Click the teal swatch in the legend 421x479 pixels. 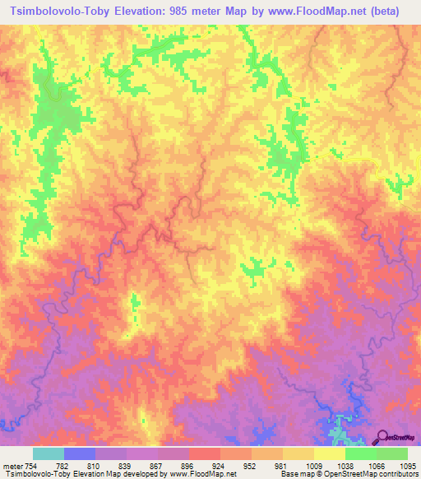[x=49, y=453]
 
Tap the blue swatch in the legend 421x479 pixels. [x=80, y=453]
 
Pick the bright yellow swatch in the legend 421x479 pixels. [x=330, y=453]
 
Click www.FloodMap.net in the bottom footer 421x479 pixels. [x=205, y=474]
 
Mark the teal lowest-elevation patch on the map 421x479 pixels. [x=337, y=433]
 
